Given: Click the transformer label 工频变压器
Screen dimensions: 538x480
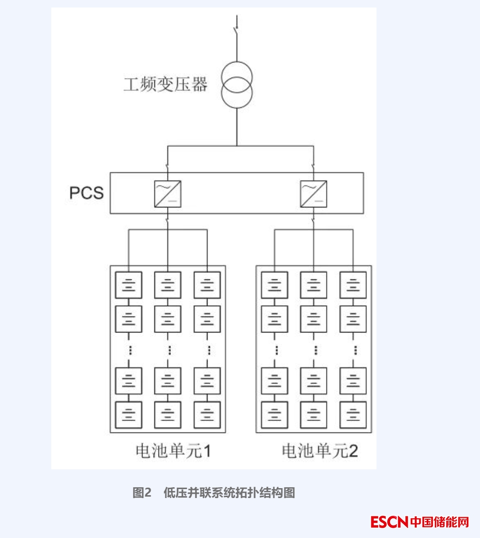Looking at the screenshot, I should [165, 85].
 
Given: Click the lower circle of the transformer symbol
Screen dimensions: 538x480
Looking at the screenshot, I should [237, 91].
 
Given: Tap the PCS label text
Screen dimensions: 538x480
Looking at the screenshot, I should [87, 193].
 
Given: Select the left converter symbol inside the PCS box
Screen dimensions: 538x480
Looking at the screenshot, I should [168, 194].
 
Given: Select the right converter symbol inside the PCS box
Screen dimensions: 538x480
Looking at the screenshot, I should [313, 194].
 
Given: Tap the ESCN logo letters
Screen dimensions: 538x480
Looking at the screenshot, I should [389, 522].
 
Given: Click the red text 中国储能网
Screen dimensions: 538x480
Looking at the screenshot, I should [440, 522].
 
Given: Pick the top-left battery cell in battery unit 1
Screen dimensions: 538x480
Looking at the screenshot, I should [128, 285].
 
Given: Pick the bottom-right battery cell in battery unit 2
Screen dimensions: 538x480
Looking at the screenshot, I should [353, 414].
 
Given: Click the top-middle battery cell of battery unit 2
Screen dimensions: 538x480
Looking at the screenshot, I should [313, 285].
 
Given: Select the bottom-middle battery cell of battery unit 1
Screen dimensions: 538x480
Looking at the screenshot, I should [168, 414].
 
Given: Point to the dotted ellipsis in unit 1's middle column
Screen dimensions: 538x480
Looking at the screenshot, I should [168, 350].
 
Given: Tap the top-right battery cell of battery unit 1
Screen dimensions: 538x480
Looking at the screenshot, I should [207, 285].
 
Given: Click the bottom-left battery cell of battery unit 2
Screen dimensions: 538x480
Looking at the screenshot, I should [275, 414].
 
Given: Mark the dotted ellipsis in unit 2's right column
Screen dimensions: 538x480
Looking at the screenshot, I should [353, 350].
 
